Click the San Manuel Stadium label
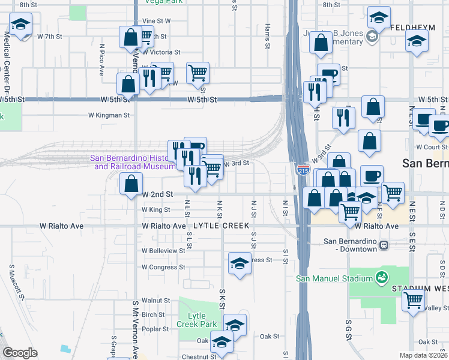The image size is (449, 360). point(334,278)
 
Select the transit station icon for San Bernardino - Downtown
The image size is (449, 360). point(384,245)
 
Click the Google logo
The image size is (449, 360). point(20,352)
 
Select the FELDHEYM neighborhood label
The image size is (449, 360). point(412,28)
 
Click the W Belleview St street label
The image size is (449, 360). point(163,250)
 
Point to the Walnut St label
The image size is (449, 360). point(156,300)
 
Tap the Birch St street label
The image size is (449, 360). point(153,314)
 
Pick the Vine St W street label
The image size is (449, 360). point(156,20)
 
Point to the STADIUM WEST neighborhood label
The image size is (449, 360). point(420,289)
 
